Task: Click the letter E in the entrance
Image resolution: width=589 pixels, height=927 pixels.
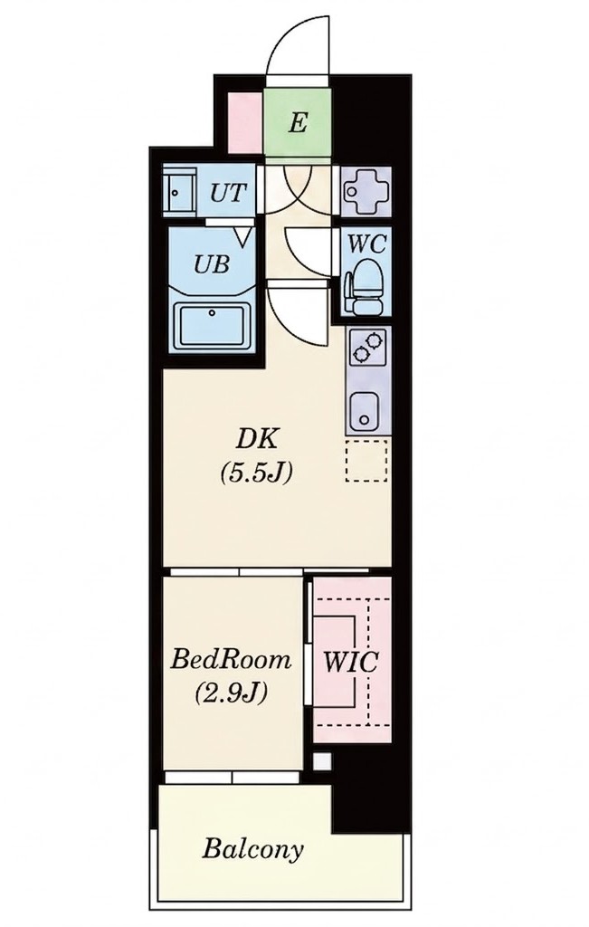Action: pyautogui.click(x=299, y=123)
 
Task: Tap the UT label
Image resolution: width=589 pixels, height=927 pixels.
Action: pyautogui.click(x=228, y=193)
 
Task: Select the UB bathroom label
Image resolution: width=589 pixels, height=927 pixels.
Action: pyautogui.click(x=212, y=263)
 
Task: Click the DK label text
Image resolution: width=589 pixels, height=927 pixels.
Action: pyautogui.click(x=256, y=439)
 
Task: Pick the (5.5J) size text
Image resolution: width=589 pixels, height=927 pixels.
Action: pyautogui.click(x=256, y=473)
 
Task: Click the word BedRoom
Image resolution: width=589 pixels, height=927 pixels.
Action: pyautogui.click(x=231, y=659)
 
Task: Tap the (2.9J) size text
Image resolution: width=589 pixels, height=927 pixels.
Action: pyautogui.click(x=231, y=693)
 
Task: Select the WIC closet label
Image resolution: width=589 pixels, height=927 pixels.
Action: pyautogui.click(x=350, y=662)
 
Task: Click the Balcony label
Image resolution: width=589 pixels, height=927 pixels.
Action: pyautogui.click(x=252, y=849)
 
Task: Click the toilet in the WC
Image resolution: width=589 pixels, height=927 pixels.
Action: pyautogui.click(x=364, y=287)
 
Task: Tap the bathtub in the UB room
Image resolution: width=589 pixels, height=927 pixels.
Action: pyautogui.click(x=212, y=325)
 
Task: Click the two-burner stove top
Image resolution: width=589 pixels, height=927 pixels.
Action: pyautogui.click(x=367, y=348)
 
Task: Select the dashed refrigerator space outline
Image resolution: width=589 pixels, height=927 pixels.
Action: pyautogui.click(x=366, y=461)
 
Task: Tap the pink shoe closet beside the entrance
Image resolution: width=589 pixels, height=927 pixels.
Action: pyautogui.click(x=244, y=123)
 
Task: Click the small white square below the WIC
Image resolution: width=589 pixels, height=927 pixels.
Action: pyautogui.click(x=322, y=760)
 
